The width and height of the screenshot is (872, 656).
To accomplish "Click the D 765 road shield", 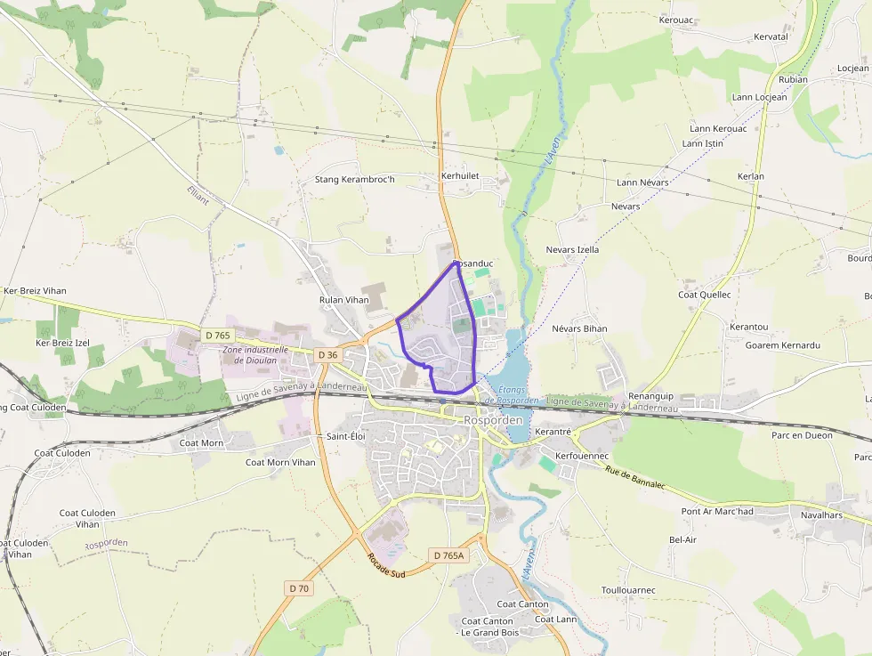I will tap(217, 336).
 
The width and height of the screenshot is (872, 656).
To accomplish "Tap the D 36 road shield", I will tap(327, 354).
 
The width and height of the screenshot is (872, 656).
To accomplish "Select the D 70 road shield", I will tap(299, 587).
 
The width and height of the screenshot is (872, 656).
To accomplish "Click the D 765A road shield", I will tap(448, 555).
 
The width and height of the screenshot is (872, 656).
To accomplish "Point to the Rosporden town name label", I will tap(492, 419).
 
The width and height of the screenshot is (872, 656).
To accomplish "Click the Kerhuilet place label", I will tap(460, 176).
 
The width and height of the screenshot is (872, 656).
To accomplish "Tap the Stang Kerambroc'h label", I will tap(354, 180).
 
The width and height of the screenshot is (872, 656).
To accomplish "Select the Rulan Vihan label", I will tap(343, 300).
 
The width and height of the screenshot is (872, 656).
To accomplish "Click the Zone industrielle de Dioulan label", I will tap(255, 355).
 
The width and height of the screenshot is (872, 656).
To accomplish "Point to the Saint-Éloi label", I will tap(346, 436).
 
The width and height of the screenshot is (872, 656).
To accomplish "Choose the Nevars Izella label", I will tap(572, 250).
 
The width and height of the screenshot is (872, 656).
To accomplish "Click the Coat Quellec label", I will tap(705, 295).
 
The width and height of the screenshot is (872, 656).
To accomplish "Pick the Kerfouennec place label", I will tap(581, 456).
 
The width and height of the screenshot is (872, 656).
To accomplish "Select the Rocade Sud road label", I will tap(386, 566).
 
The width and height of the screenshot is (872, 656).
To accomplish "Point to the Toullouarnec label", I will tap(628, 590).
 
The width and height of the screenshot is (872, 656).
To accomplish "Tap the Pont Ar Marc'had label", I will tap(717, 511).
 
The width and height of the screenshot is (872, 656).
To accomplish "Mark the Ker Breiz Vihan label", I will tap(35, 291).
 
